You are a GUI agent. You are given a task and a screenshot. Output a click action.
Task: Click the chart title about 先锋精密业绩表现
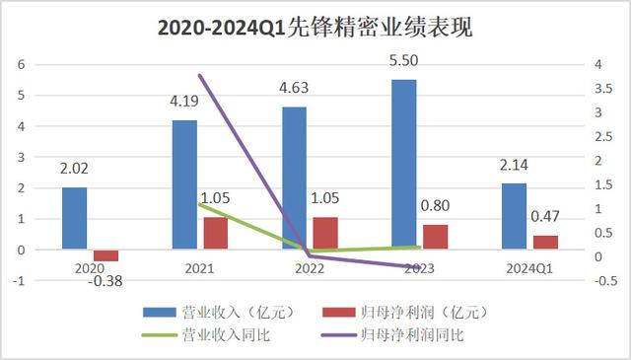315,29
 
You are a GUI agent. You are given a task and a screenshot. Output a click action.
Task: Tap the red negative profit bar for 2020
105,255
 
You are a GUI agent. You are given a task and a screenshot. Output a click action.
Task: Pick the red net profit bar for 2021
215,233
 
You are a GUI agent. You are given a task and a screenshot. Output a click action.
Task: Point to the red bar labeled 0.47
545,243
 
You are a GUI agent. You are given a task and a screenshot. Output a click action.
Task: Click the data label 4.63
294,88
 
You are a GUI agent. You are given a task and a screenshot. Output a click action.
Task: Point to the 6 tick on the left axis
22,64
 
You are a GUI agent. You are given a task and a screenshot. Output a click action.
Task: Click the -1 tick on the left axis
20,280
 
